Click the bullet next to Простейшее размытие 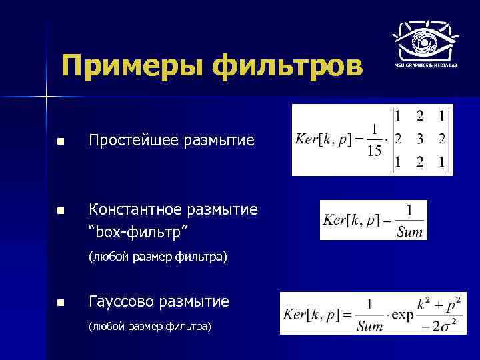(61, 141)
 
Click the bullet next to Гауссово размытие (61, 303)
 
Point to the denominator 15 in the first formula (374, 152)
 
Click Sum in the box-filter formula (409, 231)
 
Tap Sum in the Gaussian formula (369, 326)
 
